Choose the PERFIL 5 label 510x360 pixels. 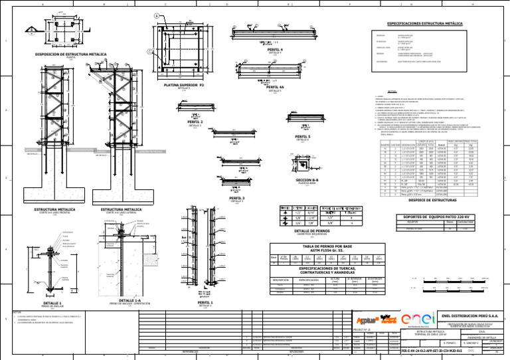coord(302,136)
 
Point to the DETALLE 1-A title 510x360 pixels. coord(124,300)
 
